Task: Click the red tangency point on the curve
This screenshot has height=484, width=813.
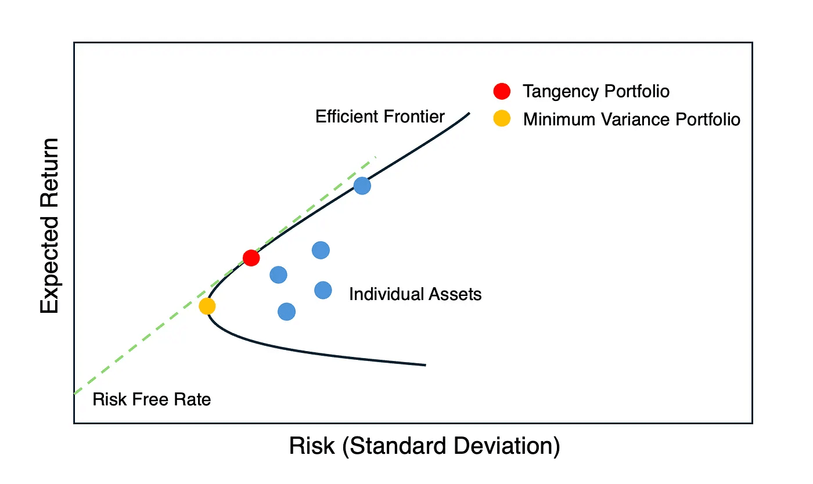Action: pyautogui.click(x=251, y=258)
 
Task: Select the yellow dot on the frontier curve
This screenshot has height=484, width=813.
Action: pyautogui.click(x=207, y=306)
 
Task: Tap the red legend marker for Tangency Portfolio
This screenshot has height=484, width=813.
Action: pyautogui.click(x=502, y=91)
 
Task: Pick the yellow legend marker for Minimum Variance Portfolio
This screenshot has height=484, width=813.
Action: pyautogui.click(x=502, y=119)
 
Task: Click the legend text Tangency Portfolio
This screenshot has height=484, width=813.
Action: pyautogui.click(x=596, y=91)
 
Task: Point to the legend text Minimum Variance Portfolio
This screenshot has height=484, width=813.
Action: pyautogui.click(x=632, y=120)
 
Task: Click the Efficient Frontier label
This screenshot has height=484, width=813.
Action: pyautogui.click(x=380, y=117)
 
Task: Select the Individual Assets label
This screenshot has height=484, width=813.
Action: pyautogui.click(x=415, y=294)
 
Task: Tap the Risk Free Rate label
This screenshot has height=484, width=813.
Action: pyautogui.click(x=152, y=399)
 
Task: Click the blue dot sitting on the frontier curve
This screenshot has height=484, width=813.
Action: pyautogui.click(x=362, y=186)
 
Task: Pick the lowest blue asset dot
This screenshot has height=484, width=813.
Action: pyautogui.click(x=286, y=312)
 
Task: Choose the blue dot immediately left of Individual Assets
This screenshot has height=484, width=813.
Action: pyautogui.click(x=323, y=290)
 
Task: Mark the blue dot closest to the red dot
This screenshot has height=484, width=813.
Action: pyautogui.click(x=279, y=274)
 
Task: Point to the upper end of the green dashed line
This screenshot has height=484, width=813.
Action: pyautogui.click(x=376, y=157)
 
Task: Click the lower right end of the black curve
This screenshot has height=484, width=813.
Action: pyautogui.click(x=425, y=365)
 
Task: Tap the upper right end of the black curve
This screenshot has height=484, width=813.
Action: pyautogui.click(x=469, y=113)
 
